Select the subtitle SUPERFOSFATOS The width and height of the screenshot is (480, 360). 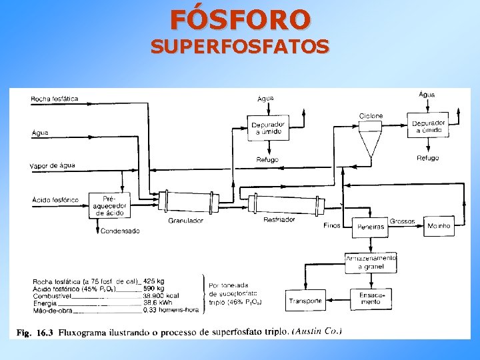pyautogui.click(x=239, y=47)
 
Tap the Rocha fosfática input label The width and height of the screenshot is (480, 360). pyautogui.click(x=54, y=99)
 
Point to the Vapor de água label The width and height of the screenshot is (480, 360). pyautogui.click(x=53, y=165)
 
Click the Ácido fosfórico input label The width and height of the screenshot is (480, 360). pyautogui.click(x=55, y=199)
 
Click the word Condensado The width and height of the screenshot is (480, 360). pyautogui.click(x=121, y=231)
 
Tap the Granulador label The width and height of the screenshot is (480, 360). pyautogui.click(x=185, y=220)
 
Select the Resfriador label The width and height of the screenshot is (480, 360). pyautogui.click(x=279, y=219)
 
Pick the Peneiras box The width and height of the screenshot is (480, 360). pyautogui.click(x=371, y=227)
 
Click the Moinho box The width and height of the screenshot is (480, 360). pyautogui.click(x=439, y=226)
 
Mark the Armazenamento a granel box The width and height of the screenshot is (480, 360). pyautogui.click(x=371, y=263)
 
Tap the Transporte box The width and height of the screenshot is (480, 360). pyautogui.click(x=305, y=301)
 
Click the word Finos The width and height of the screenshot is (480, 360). pyautogui.click(x=331, y=225)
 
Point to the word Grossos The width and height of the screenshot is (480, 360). pyautogui.click(x=402, y=221)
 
